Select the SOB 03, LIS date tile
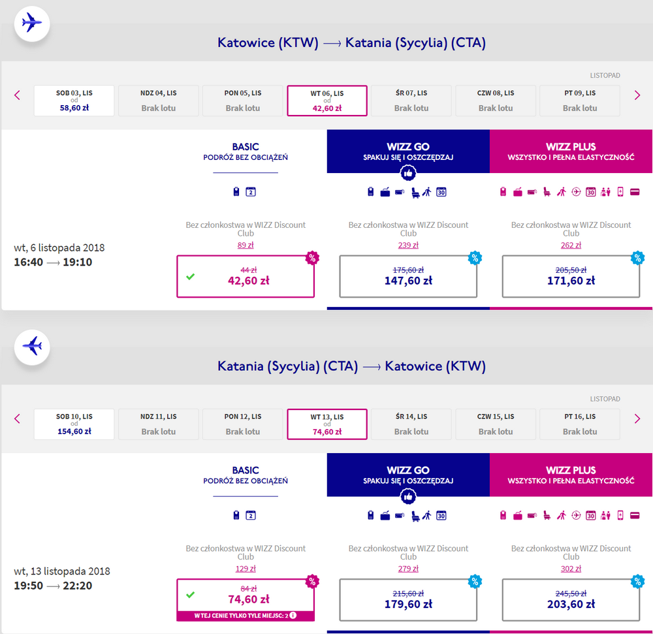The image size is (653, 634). tap(74, 101)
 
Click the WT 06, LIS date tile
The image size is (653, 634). tap(327, 101)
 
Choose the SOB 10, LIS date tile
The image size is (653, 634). tap(74, 424)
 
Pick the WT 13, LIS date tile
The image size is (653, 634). tap(327, 424)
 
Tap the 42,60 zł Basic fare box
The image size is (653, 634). tap(246, 276)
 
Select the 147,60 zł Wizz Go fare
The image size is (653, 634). tap(408, 276)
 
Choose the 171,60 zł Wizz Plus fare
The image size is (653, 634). tap(571, 276)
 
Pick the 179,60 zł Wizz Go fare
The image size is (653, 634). tap(408, 600)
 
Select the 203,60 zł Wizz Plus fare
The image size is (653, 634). tap(571, 600)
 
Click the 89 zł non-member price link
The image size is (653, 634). tap(246, 246)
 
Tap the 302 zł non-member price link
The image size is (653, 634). tap(571, 569)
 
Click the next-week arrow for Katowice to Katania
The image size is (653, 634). tap(637, 95)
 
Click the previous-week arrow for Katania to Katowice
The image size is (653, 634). tap(17, 419)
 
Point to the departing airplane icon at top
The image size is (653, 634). tap(32, 22)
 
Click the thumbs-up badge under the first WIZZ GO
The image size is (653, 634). tap(408, 173)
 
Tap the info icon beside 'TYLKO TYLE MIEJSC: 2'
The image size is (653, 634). tap(293, 615)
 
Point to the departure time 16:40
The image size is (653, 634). tap(28, 262)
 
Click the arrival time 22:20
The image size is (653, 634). tap(78, 586)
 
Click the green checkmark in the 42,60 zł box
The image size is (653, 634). tap(190, 276)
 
